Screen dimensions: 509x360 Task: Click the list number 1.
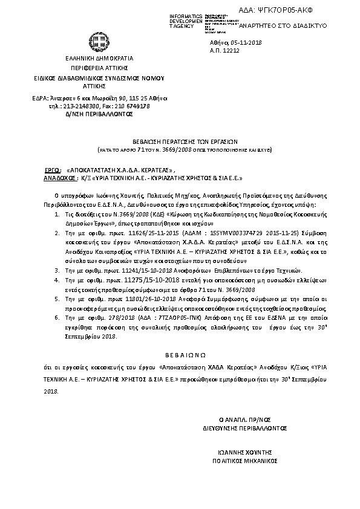pyautogui.click(x=57, y=214)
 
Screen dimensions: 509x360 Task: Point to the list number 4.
pyautogui.click(x=57, y=280)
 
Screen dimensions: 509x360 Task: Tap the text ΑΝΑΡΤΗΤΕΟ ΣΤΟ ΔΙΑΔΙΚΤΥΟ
pyautogui.click(x=284, y=27)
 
